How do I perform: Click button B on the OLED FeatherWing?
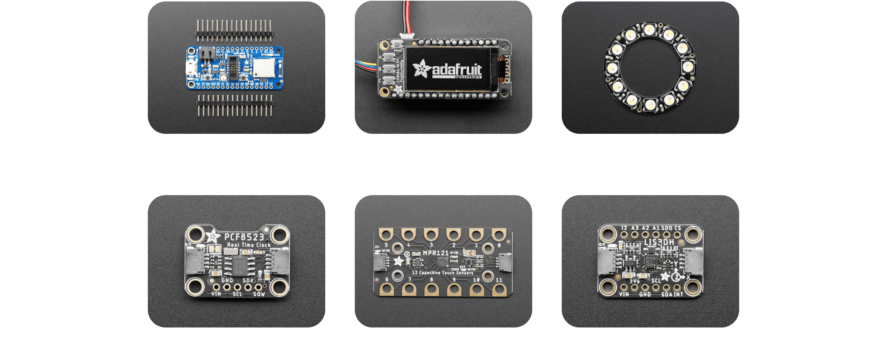(388, 68)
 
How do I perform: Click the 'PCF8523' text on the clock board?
(244, 237)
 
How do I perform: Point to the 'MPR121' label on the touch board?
(435, 253)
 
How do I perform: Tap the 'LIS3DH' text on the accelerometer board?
(659, 242)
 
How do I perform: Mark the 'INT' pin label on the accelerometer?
(678, 294)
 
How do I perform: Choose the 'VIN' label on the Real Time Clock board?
(216, 294)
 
